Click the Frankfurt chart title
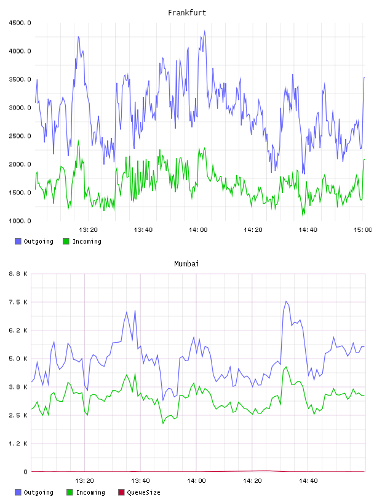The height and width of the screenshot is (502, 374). (187, 13)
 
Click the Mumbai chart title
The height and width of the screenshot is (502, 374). (186, 264)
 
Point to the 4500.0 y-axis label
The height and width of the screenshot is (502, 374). (20, 23)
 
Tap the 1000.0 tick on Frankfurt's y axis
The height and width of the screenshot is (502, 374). (20, 221)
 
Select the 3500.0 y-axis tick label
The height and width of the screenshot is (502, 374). (20, 79)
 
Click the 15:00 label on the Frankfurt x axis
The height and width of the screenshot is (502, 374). (362, 230)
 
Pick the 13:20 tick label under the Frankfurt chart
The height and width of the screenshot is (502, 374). (88, 230)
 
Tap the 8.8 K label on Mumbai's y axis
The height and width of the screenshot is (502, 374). (18, 274)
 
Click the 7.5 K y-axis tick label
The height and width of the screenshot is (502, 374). (18, 302)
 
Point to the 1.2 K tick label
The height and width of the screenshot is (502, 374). (18, 444)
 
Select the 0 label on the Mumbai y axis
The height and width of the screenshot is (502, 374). (25, 472)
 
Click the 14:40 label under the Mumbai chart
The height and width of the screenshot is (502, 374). (308, 481)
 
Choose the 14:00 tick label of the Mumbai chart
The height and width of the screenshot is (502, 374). (196, 481)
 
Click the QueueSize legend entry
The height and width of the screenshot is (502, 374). (139, 492)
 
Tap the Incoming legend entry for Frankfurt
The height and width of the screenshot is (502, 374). (82, 241)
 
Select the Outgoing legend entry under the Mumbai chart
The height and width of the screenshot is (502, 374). (34, 492)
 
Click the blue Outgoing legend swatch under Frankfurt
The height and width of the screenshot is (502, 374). (18, 241)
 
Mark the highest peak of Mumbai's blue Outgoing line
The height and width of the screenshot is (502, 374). (286, 301)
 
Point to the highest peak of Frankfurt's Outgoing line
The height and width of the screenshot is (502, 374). (205, 31)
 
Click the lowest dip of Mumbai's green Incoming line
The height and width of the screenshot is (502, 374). (163, 423)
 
